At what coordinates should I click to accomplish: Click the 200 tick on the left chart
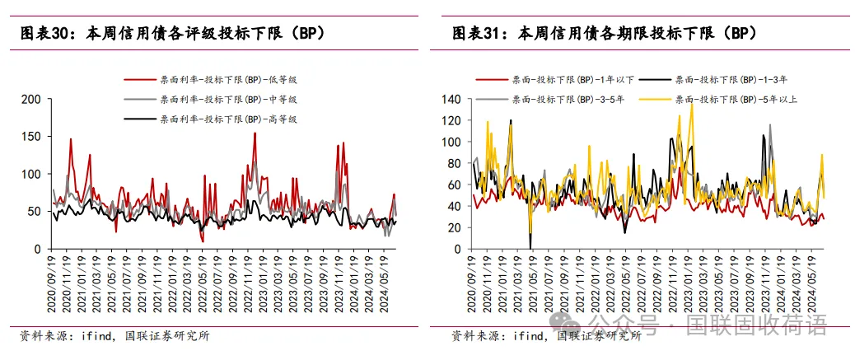(x=32, y=99)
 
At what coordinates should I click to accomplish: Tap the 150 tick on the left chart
(x=32, y=137)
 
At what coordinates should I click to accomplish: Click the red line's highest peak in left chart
(x=255, y=133)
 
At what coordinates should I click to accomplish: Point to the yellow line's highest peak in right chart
(x=691, y=105)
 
